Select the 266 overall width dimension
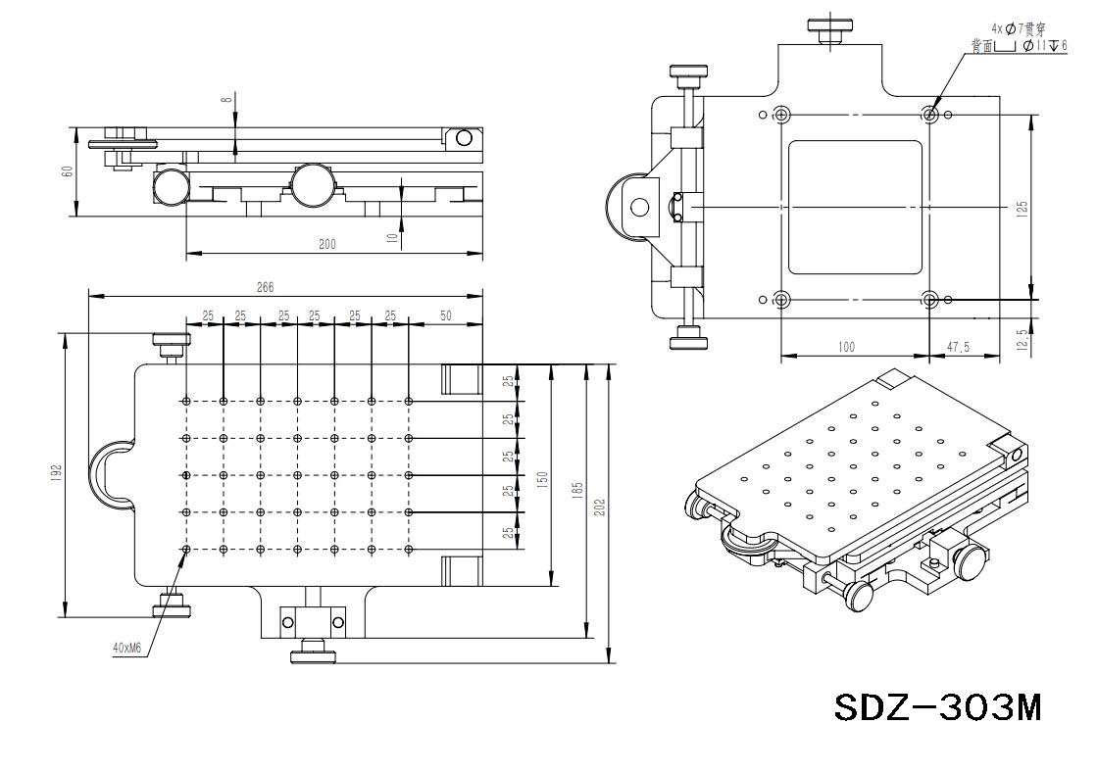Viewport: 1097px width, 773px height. [265, 287]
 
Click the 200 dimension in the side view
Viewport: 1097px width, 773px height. [327, 244]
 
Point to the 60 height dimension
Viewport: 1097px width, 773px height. [67, 170]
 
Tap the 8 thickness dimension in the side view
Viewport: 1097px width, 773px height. [226, 99]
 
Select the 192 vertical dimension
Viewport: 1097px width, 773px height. [57, 473]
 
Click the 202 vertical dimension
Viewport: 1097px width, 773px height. [600, 507]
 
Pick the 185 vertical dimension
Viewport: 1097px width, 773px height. [578, 487]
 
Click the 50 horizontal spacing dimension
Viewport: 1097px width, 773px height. [446, 315]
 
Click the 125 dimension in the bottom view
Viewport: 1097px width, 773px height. [1022, 208]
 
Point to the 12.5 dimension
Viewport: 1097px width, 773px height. [1022, 339]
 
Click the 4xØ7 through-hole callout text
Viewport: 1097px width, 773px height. [1019, 29]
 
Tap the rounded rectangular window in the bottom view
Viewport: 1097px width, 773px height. [855, 207]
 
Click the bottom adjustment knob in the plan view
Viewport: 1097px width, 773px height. [313, 652]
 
